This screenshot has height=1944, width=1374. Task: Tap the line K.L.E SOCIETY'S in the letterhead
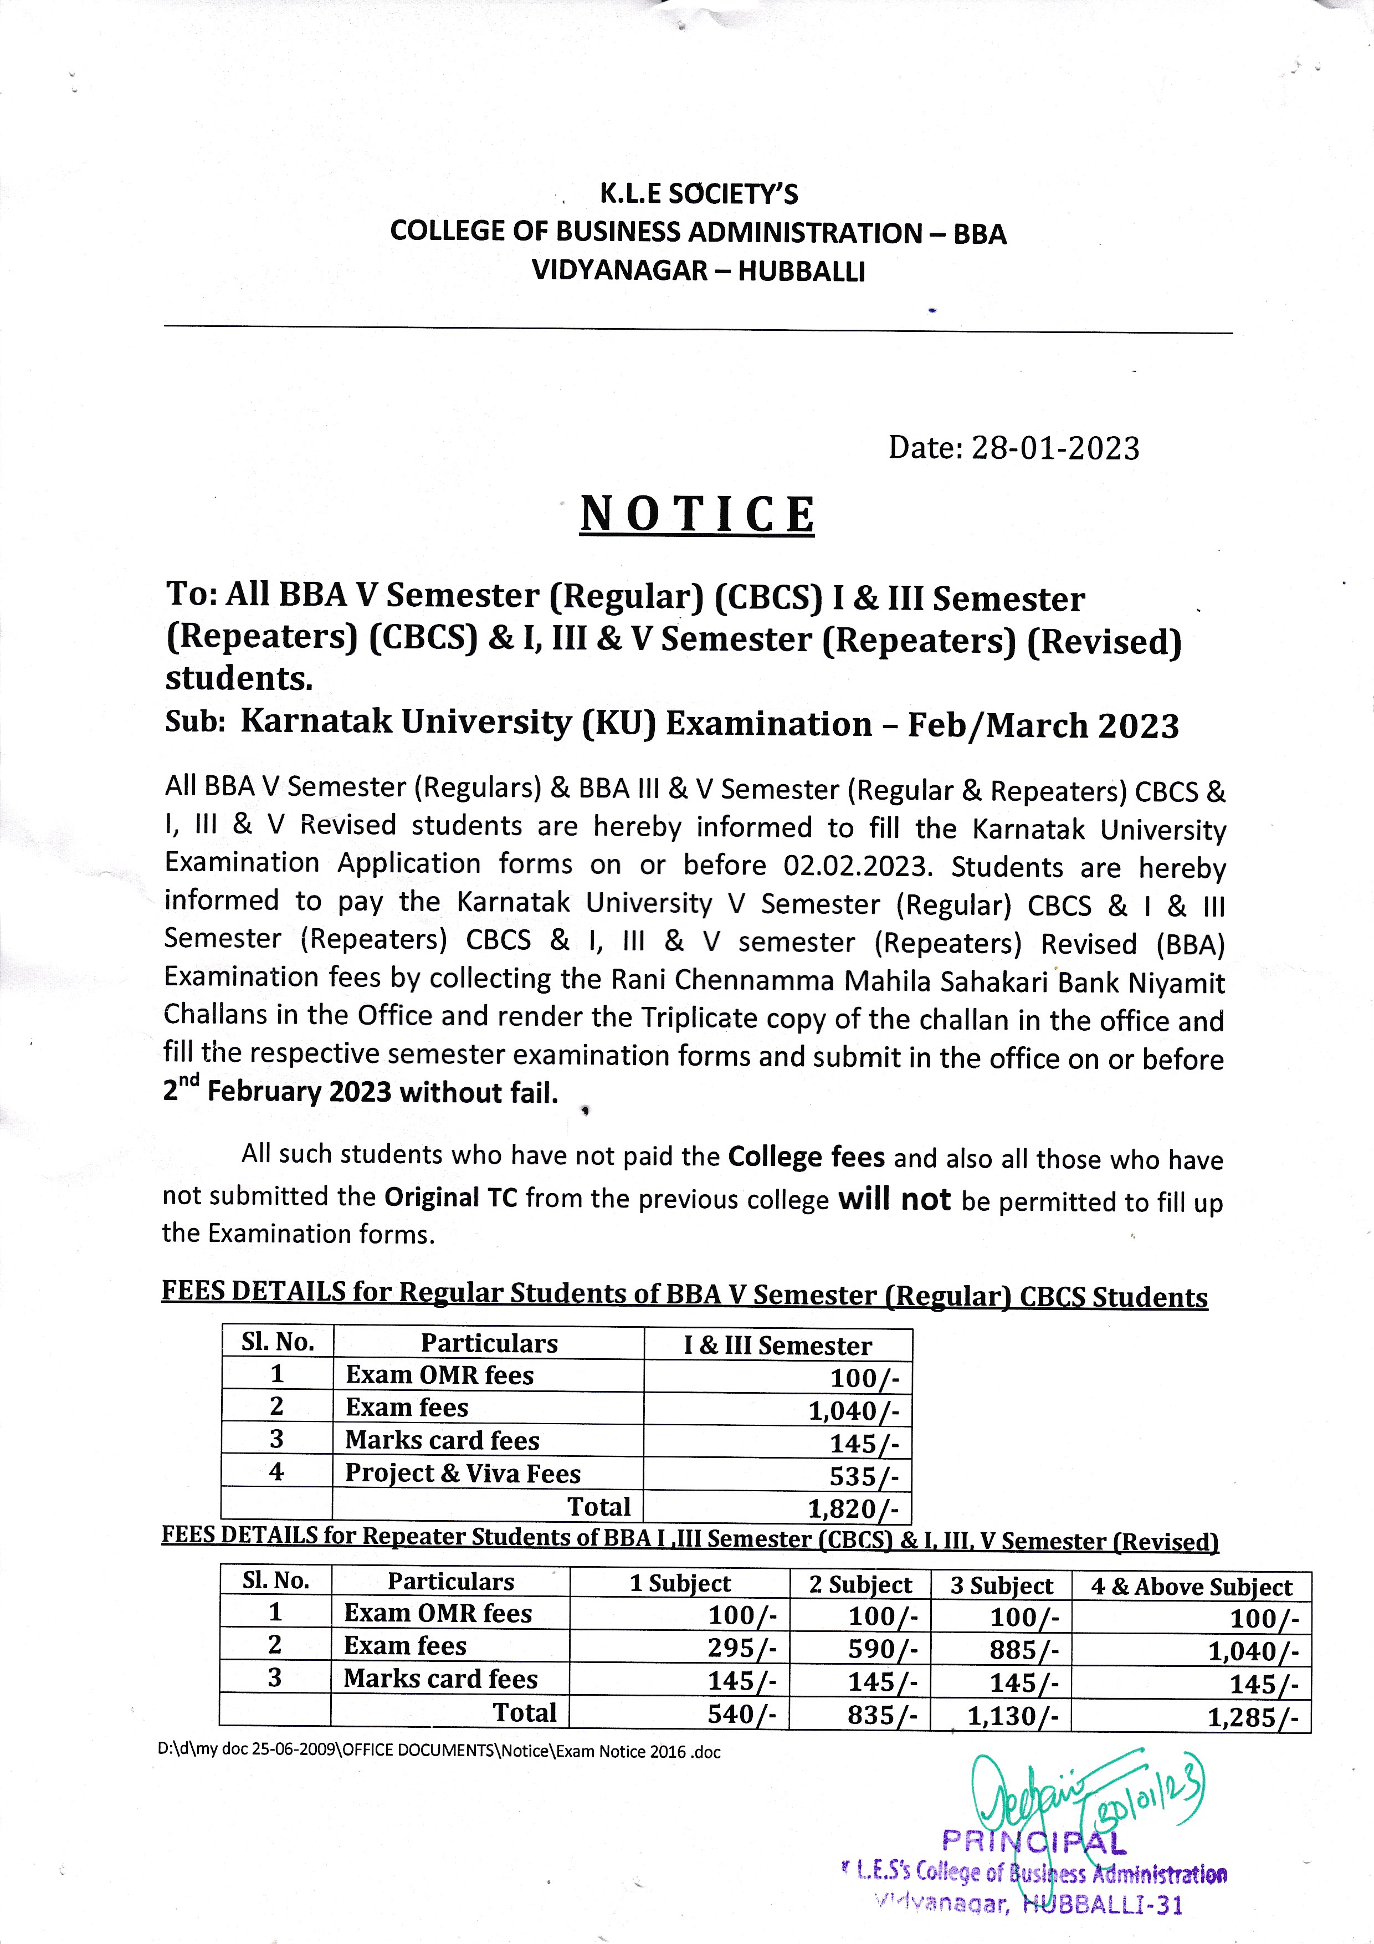pyautogui.click(x=699, y=195)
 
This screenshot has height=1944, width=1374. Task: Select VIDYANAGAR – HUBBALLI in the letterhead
pyautogui.click(x=699, y=271)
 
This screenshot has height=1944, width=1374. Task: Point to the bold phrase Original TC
pyautogui.click(x=450, y=1197)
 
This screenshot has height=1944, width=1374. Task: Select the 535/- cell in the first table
pyautogui.click(x=864, y=1476)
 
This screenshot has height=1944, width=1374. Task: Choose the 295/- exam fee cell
pyautogui.click(x=742, y=1648)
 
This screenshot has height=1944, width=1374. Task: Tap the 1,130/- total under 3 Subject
pyautogui.click(x=1013, y=1715)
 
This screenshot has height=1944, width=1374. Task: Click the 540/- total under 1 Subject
pyautogui.click(x=742, y=1713)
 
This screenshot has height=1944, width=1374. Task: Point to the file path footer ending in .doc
pyautogui.click(x=439, y=1752)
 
